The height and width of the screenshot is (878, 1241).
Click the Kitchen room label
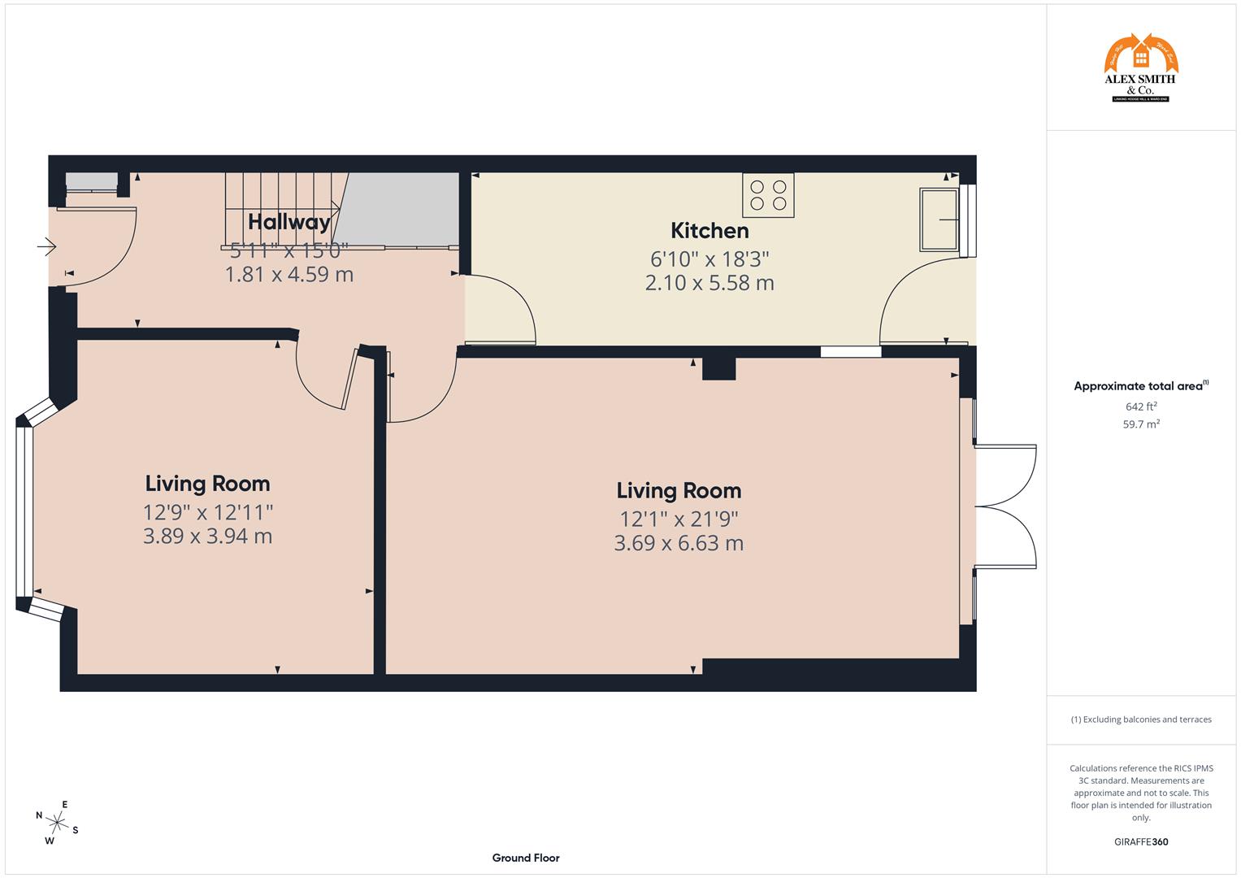pos(709,231)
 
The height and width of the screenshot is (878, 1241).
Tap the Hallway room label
pos(289,222)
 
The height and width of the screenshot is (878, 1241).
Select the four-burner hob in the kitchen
pos(768,195)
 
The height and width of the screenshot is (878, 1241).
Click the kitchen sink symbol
pos(939,219)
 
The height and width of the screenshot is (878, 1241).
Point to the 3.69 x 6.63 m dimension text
pos(679,543)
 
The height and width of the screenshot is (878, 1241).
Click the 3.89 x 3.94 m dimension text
pos(207,537)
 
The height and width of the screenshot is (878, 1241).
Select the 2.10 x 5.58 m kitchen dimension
pos(709,283)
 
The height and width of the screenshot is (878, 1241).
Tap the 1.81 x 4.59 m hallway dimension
pos(289,275)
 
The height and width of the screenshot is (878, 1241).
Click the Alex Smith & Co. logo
pos(1140,68)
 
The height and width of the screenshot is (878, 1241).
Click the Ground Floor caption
pos(525,858)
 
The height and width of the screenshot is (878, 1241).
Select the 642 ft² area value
pos(1141,406)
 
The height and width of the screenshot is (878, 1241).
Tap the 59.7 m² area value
pos(1141,424)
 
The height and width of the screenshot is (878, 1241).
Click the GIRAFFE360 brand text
pos(1141,841)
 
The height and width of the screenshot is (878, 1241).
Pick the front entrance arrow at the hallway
pos(46,246)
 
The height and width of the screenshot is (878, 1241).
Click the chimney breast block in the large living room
pos(718,368)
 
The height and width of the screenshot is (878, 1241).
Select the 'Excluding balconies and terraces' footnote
pos(1141,719)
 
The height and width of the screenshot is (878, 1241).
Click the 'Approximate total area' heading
pos(1138,386)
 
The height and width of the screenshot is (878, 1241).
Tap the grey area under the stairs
pos(402,207)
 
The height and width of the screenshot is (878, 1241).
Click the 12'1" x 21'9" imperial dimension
pos(679,519)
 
